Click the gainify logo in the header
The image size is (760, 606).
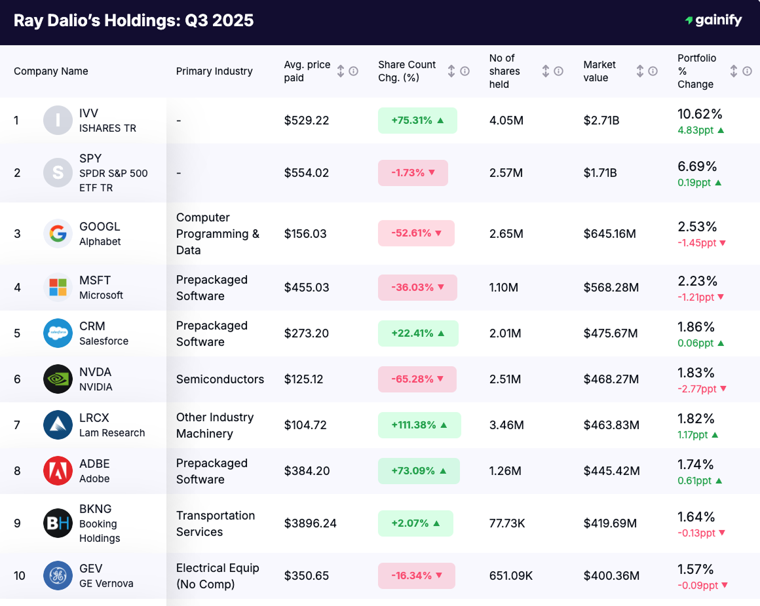pos(713,20)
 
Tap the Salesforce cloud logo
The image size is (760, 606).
pos(58,333)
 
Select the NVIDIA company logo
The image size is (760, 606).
pos(58,379)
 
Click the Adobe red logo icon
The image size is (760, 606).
pos(58,470)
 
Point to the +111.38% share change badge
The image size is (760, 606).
pos(419,425)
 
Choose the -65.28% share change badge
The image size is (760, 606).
pos(417,379)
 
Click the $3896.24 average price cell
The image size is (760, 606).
pos(310,523)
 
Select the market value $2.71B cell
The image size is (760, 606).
pos(601,121)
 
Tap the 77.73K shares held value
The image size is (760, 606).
pos(507,523)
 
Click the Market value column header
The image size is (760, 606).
pos(599,71)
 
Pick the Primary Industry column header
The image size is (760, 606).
pos(214,71)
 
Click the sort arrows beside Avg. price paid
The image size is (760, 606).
pos(341,71)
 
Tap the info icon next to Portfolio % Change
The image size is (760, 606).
pos(747,71)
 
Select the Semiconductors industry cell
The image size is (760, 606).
pos(220,379)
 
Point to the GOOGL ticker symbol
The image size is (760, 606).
pos(100,227)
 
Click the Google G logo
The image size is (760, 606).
pos(58,234)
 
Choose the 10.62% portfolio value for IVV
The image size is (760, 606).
pos(700,114)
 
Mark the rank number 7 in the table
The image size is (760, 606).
pos(17,425)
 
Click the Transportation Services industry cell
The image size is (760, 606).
pos(216,523)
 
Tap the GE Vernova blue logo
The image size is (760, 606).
pos(58,575)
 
